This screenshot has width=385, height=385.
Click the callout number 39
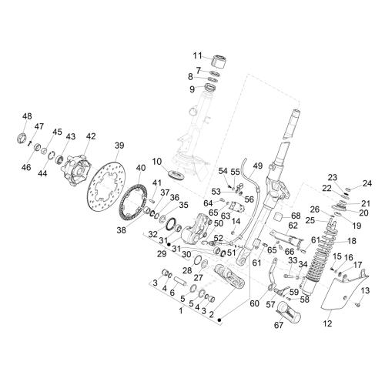(119, 146)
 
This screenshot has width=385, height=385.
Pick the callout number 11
(198, 55)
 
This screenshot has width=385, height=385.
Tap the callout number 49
(258, 166)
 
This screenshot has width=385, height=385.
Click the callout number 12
(327, 323)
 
